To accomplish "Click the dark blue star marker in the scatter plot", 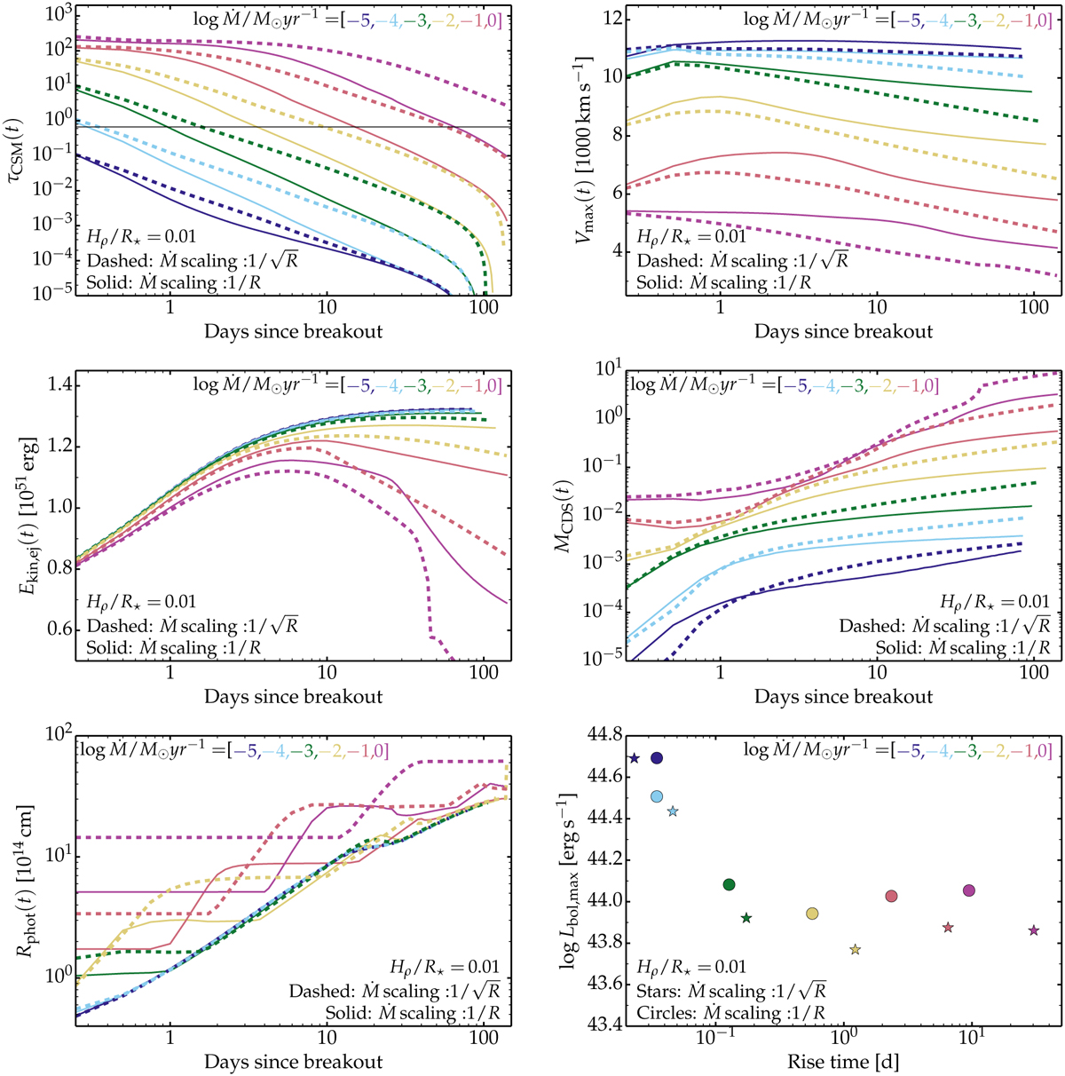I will (x=634, y=758).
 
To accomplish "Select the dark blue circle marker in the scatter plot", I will (x=657, y=758).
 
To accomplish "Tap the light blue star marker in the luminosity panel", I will (x=673, y=811).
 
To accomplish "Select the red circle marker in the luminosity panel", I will (x=892, y=896).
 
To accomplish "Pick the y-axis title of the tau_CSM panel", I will (x=18, y=151).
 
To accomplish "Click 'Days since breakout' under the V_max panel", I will (x=844, y=332).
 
